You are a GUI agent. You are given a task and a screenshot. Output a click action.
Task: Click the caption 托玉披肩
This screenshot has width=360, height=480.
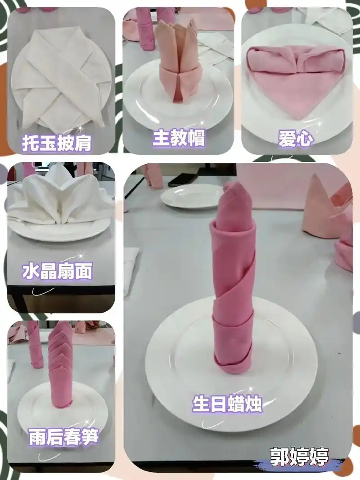57,143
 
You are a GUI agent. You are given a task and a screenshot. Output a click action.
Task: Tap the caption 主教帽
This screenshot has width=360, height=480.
179,138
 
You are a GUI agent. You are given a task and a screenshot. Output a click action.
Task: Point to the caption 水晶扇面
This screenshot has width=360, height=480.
57,271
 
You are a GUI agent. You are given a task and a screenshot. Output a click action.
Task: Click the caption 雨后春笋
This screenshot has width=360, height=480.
63,437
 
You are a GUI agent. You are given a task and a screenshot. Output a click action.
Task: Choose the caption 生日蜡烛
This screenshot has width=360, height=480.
227,403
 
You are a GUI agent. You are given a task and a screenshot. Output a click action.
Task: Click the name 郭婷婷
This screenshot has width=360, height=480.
300,456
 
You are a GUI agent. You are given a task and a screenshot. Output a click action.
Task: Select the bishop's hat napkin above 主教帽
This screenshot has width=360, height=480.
179,63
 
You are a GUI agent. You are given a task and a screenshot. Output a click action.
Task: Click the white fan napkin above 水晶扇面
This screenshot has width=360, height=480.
58,198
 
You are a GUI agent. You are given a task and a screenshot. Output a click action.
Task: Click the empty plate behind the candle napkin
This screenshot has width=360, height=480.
191,196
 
